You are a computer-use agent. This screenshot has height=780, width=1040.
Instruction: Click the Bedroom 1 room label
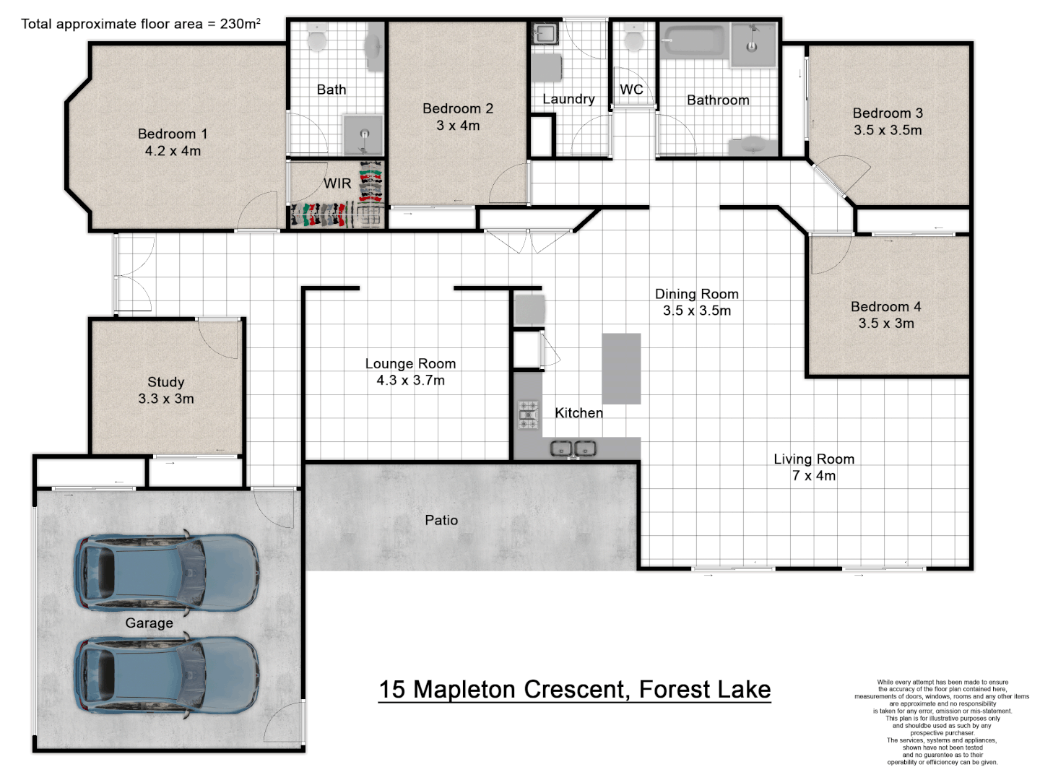173,134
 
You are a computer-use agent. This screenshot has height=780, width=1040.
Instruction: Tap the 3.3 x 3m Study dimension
166,399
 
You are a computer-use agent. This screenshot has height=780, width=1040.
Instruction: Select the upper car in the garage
167,573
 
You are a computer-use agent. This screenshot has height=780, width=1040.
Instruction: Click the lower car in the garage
167,675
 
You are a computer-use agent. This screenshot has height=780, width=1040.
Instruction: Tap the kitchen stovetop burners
528,415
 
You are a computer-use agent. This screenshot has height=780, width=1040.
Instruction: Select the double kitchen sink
573,448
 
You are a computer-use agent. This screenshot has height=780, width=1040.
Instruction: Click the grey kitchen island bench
621,368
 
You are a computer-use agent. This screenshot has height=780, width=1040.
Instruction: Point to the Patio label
441,520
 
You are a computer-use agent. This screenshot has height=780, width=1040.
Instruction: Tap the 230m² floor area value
240,24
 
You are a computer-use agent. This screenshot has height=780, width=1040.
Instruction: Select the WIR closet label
337,183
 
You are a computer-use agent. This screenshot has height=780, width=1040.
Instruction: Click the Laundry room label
568,99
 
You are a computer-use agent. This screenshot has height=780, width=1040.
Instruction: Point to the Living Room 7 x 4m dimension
814,475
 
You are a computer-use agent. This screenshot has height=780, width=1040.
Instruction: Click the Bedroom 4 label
885,306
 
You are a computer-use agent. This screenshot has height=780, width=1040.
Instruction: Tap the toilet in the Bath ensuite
317,37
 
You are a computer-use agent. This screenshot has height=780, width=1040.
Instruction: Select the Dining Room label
696,294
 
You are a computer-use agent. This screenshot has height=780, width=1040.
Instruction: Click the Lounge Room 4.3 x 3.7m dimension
410,381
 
